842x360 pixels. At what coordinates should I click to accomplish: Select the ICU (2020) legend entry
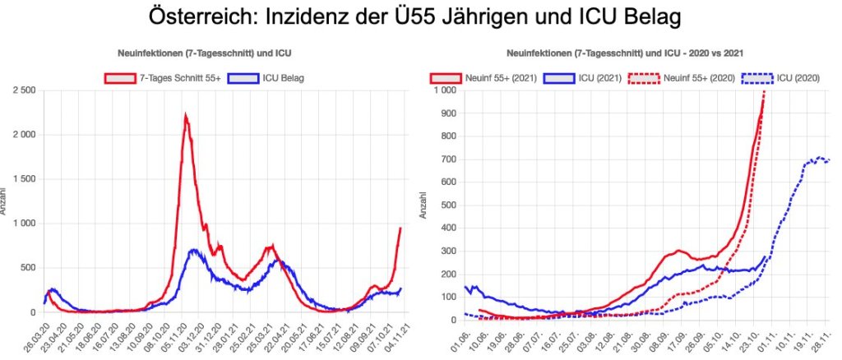click(x=780, y=78)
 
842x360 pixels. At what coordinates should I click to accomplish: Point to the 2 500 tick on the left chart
click(x=23, y=90)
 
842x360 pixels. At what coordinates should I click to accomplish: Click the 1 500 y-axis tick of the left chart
click(x=23, y=179)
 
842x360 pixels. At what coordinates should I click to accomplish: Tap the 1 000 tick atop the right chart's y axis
click(x=442, y=90)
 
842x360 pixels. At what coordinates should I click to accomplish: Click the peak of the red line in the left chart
click(x=185, y=116)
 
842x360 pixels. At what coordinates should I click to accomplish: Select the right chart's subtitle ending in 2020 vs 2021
click(x=626, y=53)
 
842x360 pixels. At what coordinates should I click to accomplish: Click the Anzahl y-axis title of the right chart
click(x=423, y=205)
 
